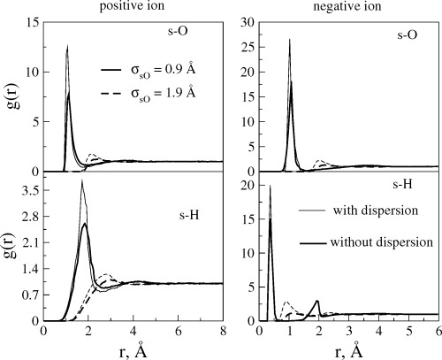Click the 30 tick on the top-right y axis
[249, 20]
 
